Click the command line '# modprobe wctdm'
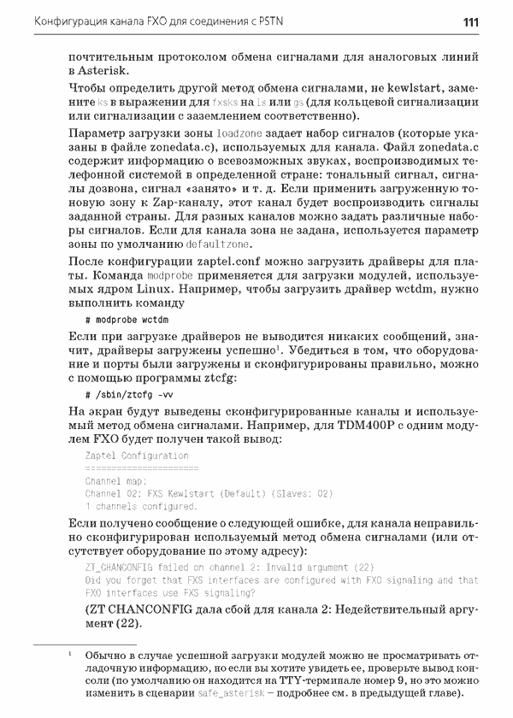coord(124,318)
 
